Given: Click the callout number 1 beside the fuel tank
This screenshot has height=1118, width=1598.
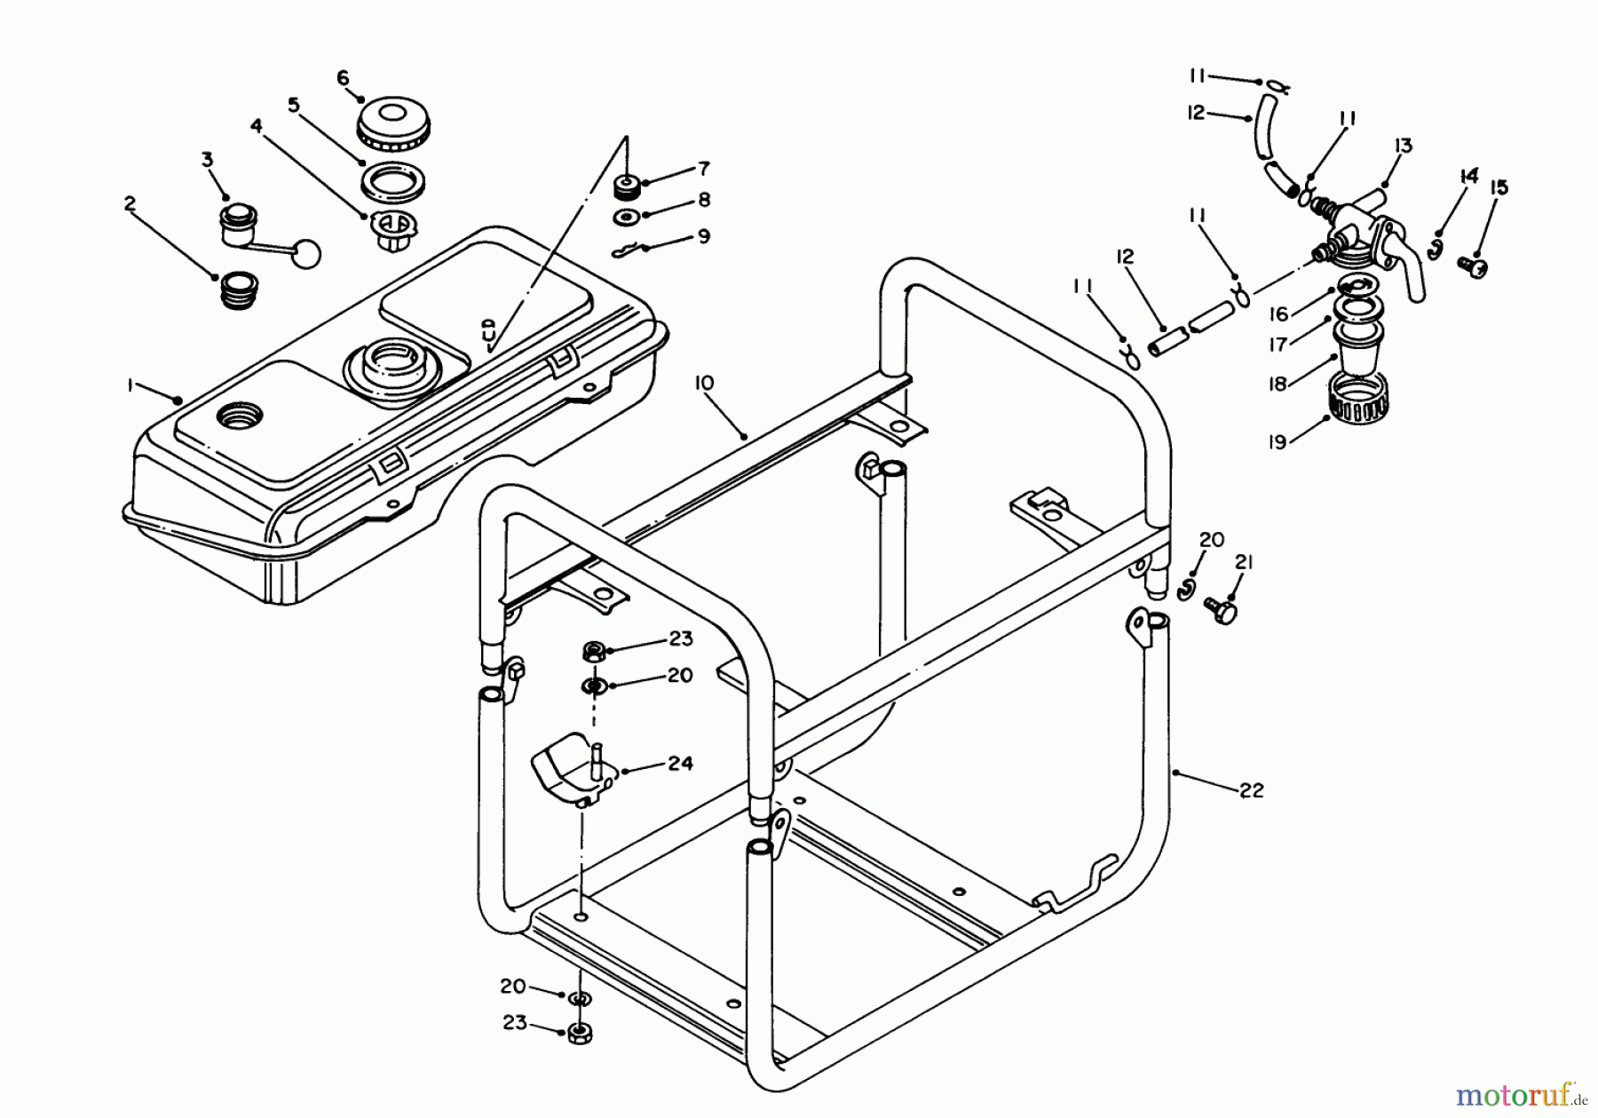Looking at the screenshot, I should point(130,385).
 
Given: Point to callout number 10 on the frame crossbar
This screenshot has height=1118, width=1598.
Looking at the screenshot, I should point(704,383).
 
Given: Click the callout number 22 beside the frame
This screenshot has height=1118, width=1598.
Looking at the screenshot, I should point(1251,790).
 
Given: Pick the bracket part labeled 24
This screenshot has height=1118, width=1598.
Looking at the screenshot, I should point(568,765).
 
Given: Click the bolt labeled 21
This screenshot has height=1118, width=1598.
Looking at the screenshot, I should point(1221,611).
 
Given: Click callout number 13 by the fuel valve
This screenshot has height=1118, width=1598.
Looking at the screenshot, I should point(1403,146).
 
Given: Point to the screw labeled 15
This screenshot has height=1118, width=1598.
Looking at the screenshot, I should point(1473,265).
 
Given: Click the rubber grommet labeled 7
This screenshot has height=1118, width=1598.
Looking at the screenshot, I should point(628,189).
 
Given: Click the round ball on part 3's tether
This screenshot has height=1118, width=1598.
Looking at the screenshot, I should point(306,254).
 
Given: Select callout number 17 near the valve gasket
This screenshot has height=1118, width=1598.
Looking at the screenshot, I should point(1278,345).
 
